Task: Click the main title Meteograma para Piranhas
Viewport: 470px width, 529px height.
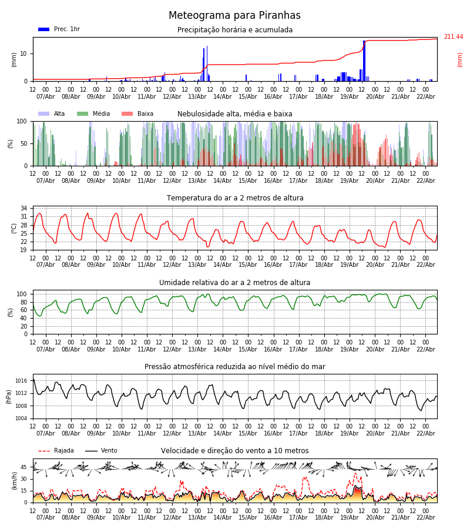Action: click(234, 16)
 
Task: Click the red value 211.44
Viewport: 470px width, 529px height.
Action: click(453, 37)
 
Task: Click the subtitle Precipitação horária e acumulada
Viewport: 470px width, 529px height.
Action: click(235, 30)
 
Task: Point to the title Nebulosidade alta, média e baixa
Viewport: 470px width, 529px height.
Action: click(234, 114)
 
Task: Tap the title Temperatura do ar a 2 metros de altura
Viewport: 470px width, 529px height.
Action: click(235, 198)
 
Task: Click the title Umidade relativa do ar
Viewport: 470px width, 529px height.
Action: click(234, 283)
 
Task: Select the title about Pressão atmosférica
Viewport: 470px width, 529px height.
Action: click(234, 367)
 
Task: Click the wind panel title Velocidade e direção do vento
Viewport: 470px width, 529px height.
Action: click(234, 451)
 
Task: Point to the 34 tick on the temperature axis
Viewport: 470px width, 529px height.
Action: click(23, 209)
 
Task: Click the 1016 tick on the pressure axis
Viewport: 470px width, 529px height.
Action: click(21, 381)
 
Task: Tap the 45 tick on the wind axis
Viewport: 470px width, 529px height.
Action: click(23, 467)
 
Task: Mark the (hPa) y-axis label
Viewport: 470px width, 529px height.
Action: click(9, 396)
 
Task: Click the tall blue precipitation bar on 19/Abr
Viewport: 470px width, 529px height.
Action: click(364, 59)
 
